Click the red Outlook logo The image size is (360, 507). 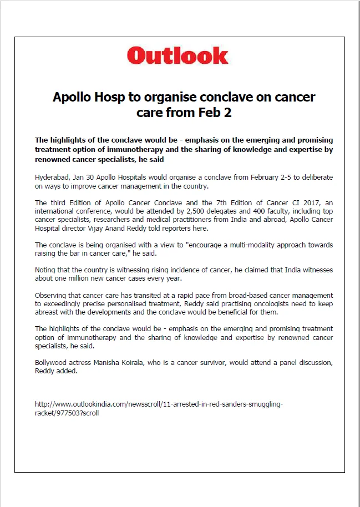(178, 55)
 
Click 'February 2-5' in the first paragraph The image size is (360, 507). (231, 178)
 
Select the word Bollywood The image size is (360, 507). (51, 363)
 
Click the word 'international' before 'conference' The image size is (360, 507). (55, 211)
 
